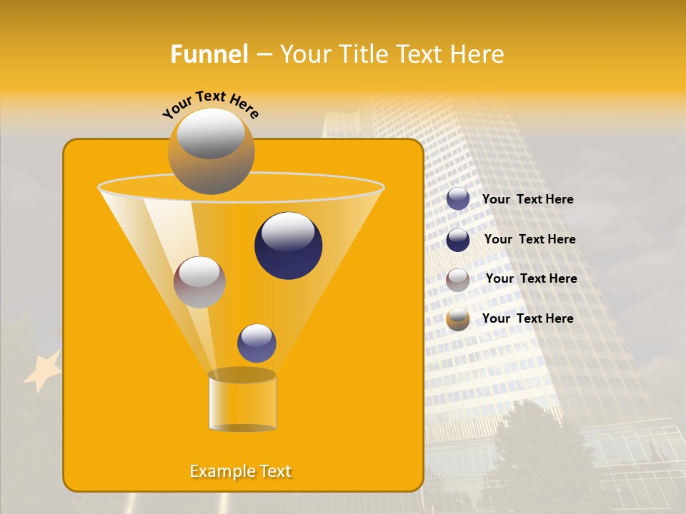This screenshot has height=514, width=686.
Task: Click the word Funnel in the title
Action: click(x=209, y=54)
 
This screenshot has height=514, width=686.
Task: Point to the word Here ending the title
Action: click(x=478, y=54)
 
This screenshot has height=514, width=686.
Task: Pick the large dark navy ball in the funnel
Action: click(x=288, y=246)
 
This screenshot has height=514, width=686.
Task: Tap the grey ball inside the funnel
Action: click(x=199, y=282)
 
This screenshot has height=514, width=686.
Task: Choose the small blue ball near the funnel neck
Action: click(x=257, y=343)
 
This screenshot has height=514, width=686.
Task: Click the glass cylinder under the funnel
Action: click(x=242, y=403)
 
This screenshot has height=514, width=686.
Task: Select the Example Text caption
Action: click(x=241, y=471)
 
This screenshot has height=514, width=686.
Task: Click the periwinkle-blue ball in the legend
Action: click(x=458, y=199)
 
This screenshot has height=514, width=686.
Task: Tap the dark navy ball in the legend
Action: click(x=458, y=240)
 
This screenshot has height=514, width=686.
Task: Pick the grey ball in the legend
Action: click(x=458, y=280)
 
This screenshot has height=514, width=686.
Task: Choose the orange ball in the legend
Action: click(x=458, y=319)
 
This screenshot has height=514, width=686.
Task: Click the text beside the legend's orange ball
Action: click(x=527, y=318)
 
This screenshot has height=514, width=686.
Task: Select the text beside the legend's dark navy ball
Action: click(x=530, y=239)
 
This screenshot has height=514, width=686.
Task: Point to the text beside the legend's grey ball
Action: click(x=531, y=278)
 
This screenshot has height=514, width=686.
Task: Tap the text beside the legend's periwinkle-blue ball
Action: click(x=527, y=199)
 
